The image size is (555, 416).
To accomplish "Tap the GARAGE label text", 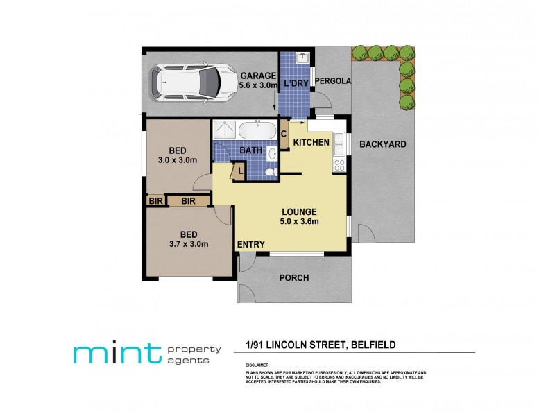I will [258, 76].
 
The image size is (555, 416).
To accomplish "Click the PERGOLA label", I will [333, 81].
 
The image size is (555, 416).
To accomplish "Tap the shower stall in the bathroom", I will [224, 130].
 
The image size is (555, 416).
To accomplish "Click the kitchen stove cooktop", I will [340, 165].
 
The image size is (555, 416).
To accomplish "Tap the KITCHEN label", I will [311, 142].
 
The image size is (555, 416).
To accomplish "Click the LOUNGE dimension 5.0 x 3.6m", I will [299, 222].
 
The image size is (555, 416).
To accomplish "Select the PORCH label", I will [293, 278].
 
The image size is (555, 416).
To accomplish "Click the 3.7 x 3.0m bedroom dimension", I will [188, 244].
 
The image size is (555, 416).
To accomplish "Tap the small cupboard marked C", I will [284, 134].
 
